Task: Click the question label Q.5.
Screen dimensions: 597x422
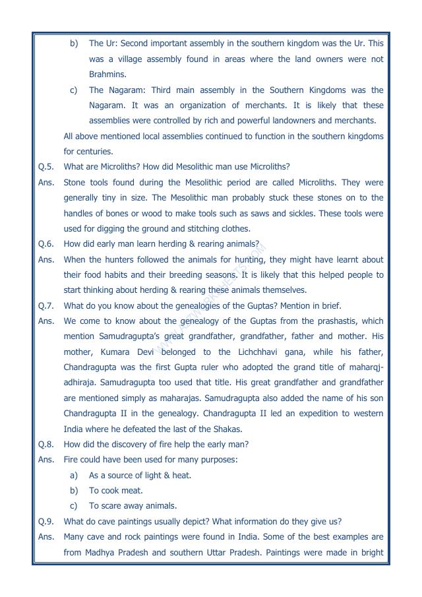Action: point(46,167)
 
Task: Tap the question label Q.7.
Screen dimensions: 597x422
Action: point(46,305)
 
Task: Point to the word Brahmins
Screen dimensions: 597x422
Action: point(107,75)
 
